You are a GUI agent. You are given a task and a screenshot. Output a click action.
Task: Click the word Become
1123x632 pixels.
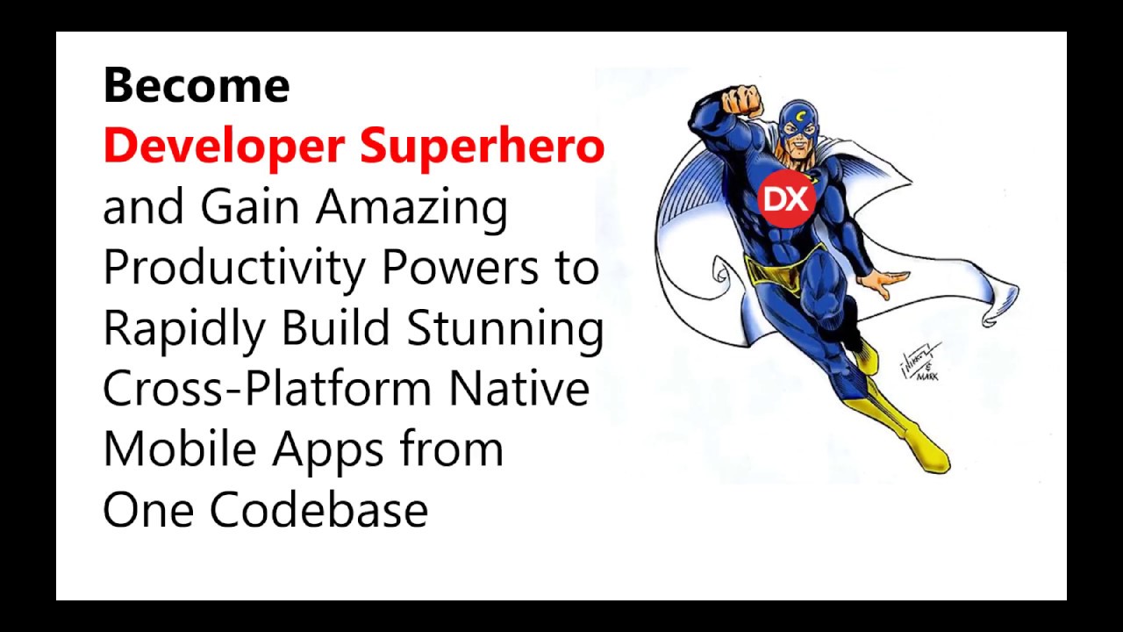pyautogui.click(x=196, y=86)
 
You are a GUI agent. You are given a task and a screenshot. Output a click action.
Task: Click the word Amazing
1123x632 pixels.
pyautogui.click(x=411, y=208)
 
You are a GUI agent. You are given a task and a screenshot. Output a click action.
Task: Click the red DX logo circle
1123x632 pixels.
pyautogui.click(x=786, y=199)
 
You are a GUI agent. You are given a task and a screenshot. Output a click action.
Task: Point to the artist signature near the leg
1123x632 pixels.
pyautogui.click(x=920, y=361)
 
